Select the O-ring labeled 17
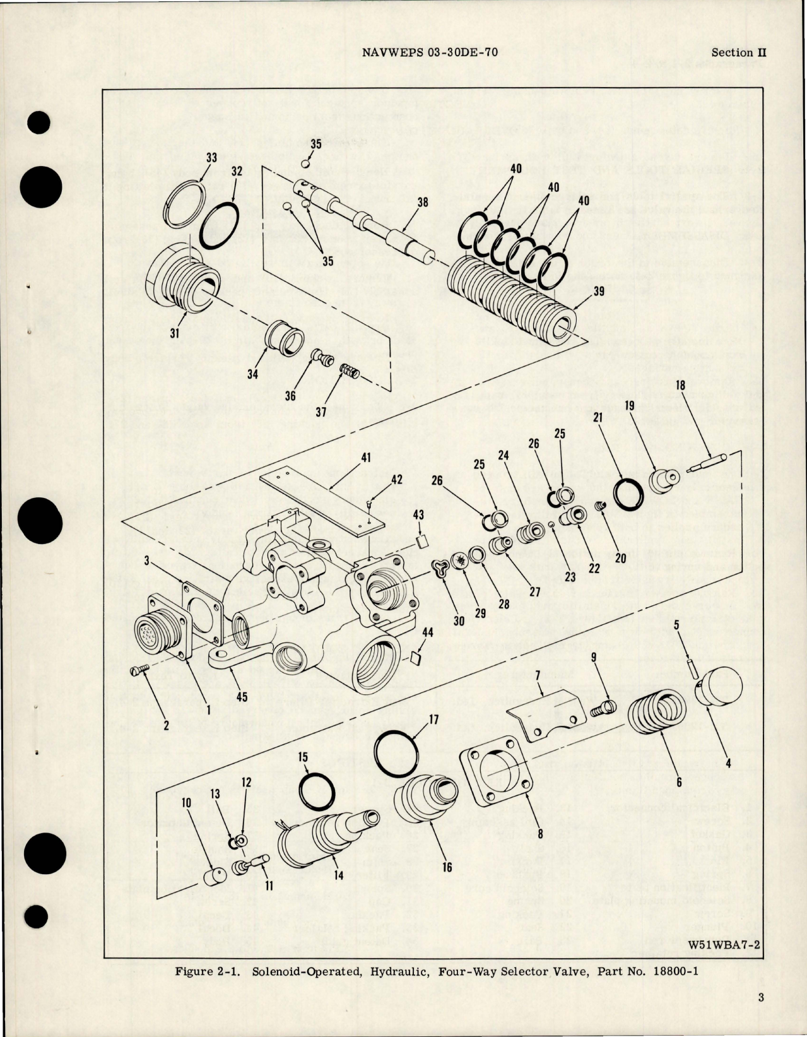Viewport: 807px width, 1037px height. coord(397,752)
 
